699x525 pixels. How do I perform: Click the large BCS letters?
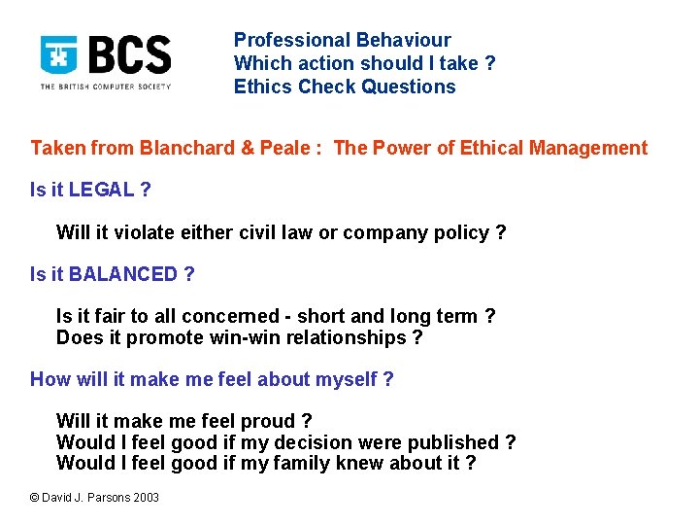tap(129, 55)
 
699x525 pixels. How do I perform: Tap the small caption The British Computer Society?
tap(105, 87)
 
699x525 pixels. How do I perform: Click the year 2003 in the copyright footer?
tap(145, 498)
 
